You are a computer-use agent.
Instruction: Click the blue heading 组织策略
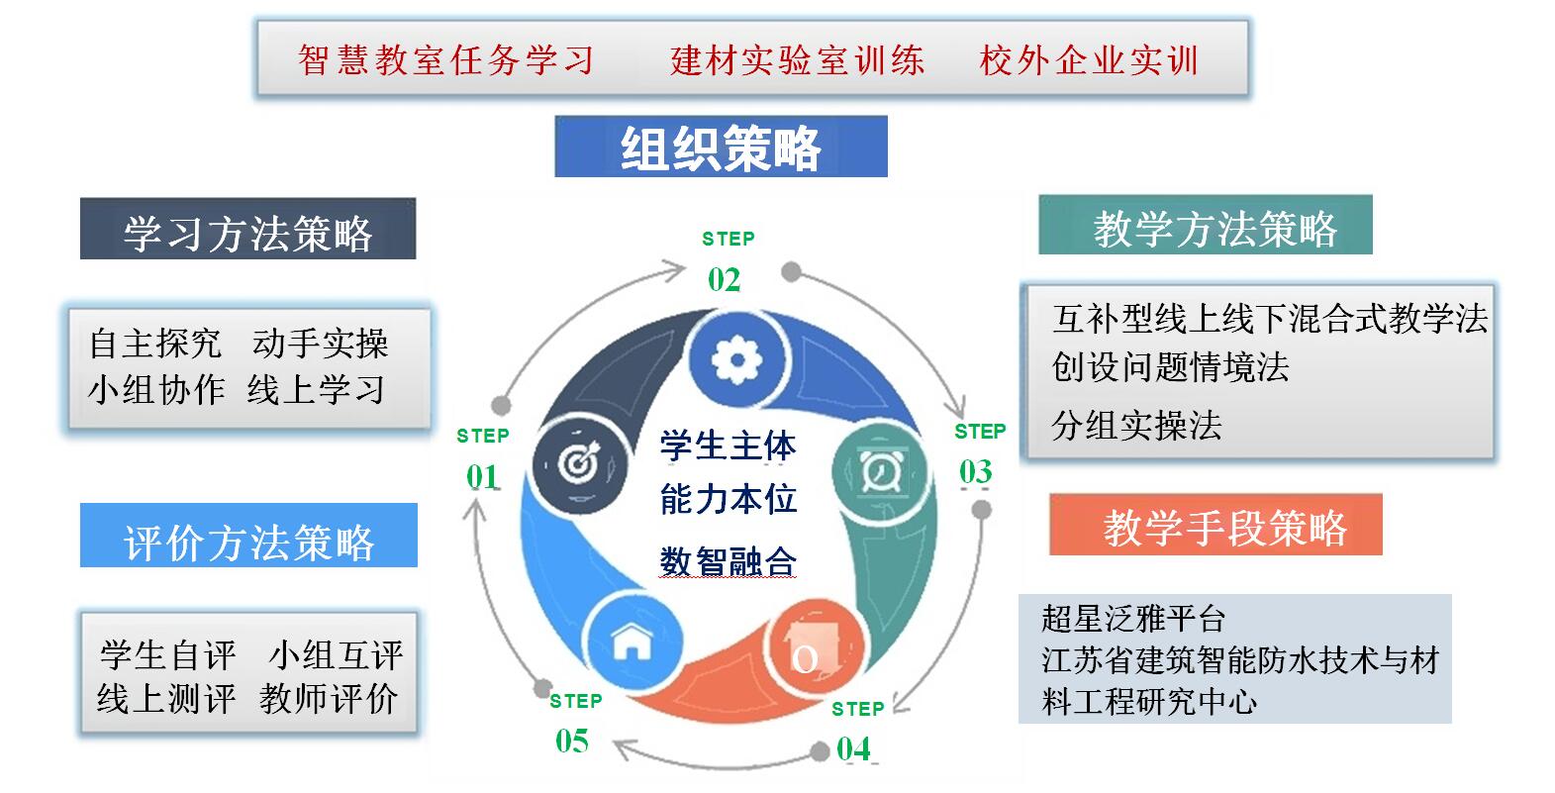tap(721, 148)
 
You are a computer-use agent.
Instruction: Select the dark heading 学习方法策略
tap(247, 232)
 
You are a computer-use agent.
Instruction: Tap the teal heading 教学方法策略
tap(1215, 228)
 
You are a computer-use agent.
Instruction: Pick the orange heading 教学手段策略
tap(1224, 527)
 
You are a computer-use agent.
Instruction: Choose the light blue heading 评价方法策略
tap(248, 541)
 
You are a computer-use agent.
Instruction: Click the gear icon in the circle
tap(735, 360)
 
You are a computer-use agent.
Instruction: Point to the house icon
tap(632, 641)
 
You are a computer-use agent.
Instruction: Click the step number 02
tap(724, 280)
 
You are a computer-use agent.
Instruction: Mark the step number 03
tap(975, 472)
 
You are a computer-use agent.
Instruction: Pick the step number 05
tap(572, 741)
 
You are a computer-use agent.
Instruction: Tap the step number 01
tap(482, 477)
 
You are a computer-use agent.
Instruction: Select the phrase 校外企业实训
tap(1089, 60)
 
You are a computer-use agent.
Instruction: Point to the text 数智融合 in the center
tap(728, 561)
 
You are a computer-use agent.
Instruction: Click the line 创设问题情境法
tap(1170, 367)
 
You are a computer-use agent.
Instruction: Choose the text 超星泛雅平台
tap(1133, 619)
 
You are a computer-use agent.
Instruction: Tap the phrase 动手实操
tap(320, 344)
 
